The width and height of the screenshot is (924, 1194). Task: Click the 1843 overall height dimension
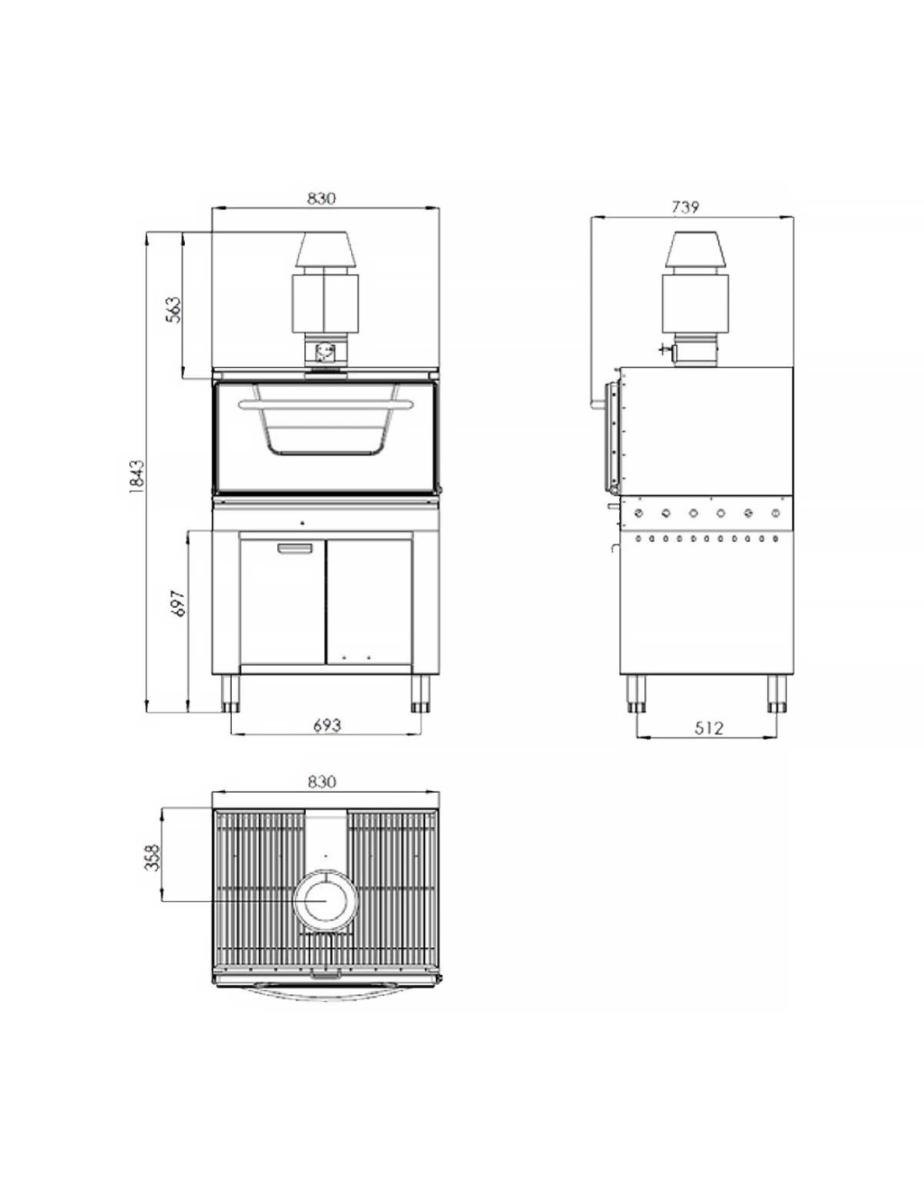137,476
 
